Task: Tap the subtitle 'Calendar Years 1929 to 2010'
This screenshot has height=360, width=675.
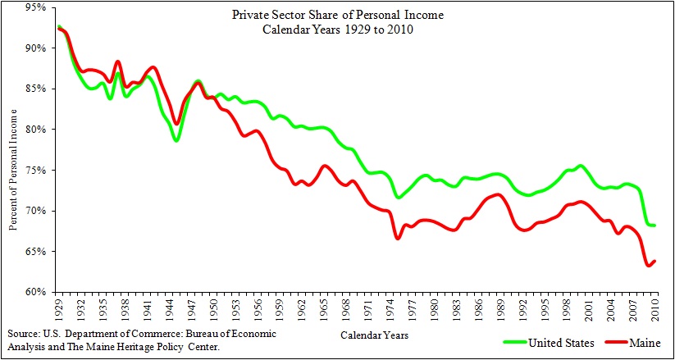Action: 338,30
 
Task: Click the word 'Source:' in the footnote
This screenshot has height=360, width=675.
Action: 24,335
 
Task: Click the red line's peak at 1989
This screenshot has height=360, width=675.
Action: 499,194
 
